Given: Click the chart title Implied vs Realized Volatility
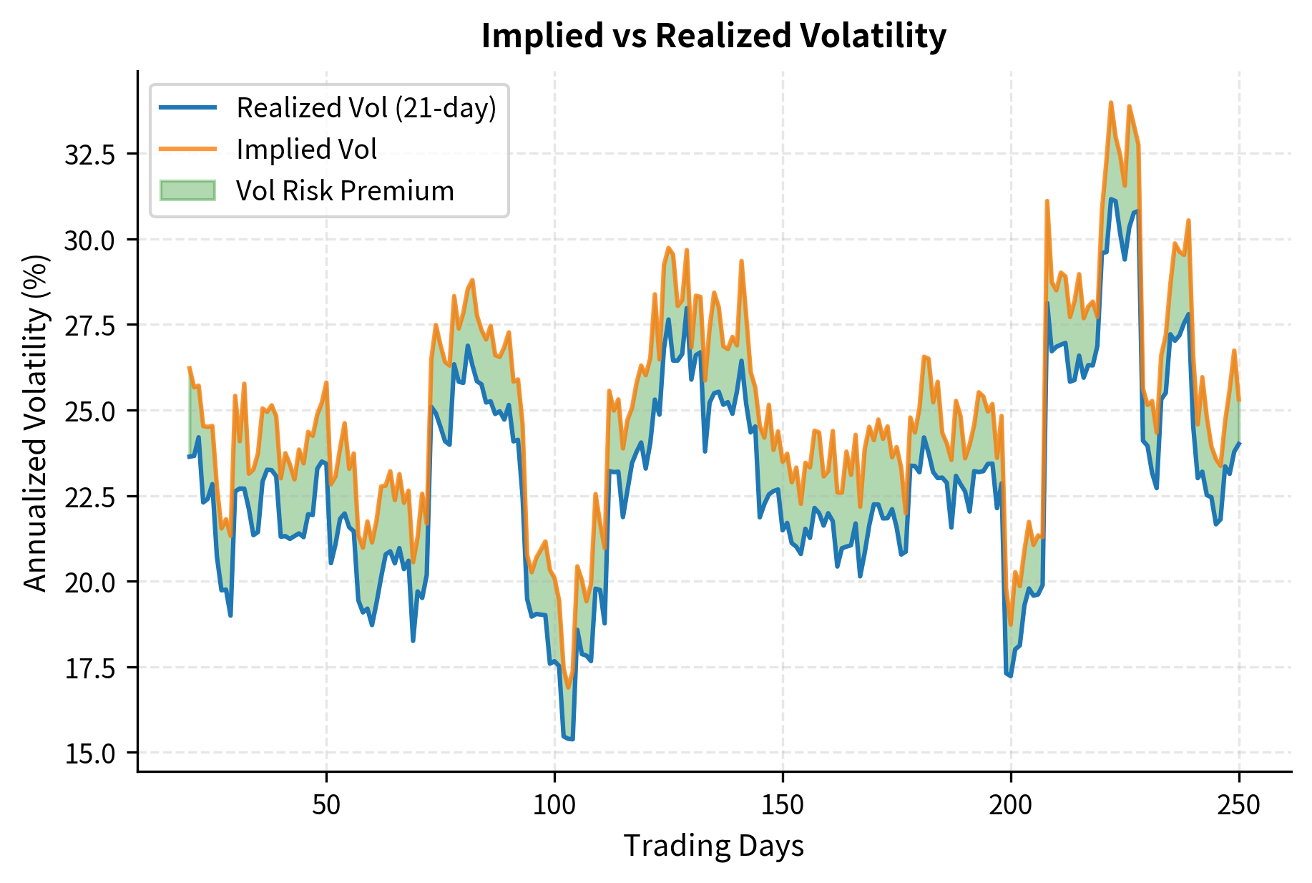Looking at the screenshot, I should point(713,36).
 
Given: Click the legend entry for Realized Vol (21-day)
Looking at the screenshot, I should point(366,108).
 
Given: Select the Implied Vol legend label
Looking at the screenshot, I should point(306,150).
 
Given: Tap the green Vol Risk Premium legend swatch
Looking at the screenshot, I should point(187,191).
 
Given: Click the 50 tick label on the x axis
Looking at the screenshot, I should point(326,805).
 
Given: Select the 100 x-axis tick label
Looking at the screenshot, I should point(554,805).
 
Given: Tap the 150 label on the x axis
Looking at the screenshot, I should point(783,805).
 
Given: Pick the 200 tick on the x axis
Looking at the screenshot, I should point(1011,805).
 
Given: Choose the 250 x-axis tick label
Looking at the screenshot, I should point(1239,805).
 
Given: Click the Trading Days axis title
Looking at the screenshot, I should point(713,846).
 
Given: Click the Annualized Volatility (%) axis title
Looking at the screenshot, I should point(35,422).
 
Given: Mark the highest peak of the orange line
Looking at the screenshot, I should point(1111,102).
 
